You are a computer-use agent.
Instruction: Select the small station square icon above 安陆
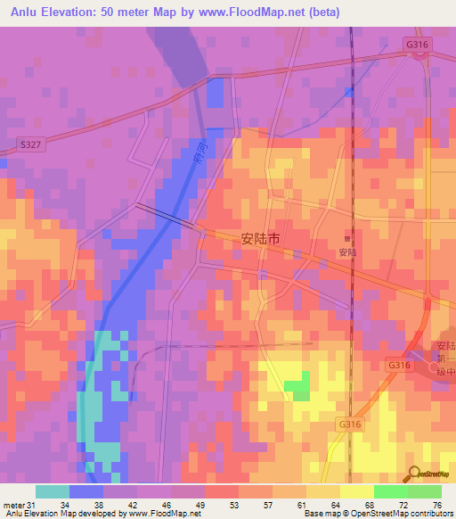click(346, 238)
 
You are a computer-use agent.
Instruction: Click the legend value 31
click(34, 506)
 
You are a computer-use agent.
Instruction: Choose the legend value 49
click(188, 506)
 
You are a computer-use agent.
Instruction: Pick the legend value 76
click(436, 506)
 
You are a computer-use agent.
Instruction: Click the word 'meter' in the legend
click(13, 506)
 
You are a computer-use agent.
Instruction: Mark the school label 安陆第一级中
click(444, 360)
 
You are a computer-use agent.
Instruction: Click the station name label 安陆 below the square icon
click(347, 252)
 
